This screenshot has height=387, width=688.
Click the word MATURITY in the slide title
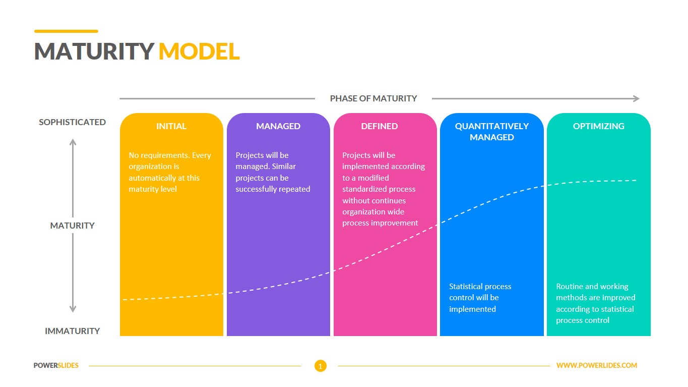click(x=94, y=51)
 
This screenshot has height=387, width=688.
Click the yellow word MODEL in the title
click(x=199, y=51)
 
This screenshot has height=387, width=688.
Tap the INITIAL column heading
click(x=171, y=126)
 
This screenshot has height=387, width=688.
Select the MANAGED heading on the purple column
click(x=278, y=126)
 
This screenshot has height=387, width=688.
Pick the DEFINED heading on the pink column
click(x=380, y=126)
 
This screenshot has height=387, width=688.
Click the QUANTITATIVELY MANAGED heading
click(x=492, y=131)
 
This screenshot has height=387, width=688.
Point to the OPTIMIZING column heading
click(x=599, y=126)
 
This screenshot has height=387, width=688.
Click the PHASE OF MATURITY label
click(x=373, y=98)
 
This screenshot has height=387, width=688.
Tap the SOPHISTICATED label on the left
click(x=73, y=122)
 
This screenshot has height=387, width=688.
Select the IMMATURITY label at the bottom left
click(x=73, y=331)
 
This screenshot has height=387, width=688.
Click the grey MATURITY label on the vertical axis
click(x=73, y=226)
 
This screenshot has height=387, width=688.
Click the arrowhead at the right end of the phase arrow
click(x=636, y=99)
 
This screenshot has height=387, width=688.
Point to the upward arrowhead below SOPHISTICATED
click(x=73, y=142)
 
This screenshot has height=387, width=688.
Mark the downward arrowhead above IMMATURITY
click(x=73, y=308)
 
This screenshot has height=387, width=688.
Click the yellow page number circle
click(x=321, y=366)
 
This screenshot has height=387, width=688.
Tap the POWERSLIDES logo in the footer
click(x=56, y=365)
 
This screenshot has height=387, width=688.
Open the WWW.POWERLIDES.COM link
click(x=597, y=365)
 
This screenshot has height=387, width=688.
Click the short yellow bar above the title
click(x=66, y=31)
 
